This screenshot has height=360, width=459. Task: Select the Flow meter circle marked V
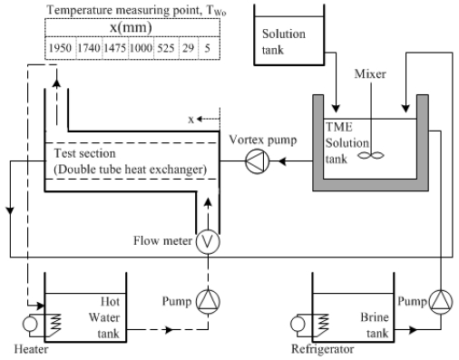coord(208,241)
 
